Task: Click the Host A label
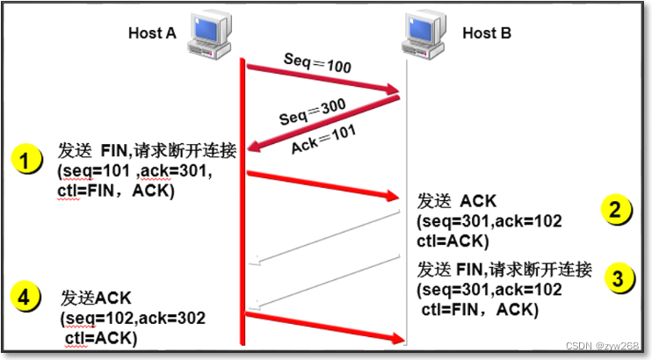coord(152,32)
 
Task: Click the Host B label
coord(487,32)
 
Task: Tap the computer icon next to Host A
coord(209,35)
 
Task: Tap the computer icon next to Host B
coord(424,35)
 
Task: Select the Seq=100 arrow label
coord(318,62)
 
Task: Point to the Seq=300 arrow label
coord(312,112)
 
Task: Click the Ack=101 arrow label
coord(323,140)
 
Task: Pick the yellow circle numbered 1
coord(26,159)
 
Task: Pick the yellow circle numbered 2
coord(616,209)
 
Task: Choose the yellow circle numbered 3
coord(619,277)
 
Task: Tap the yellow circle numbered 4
coord(25,297)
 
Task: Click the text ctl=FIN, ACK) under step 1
coord(116,191)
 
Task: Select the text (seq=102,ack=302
coord(133,319)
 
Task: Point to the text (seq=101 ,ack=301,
coord(134,171)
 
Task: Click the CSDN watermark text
coord(602,345)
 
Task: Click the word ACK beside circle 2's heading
coord(478,201)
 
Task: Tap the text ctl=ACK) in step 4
coord(101,338)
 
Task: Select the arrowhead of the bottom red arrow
coord(397,338)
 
